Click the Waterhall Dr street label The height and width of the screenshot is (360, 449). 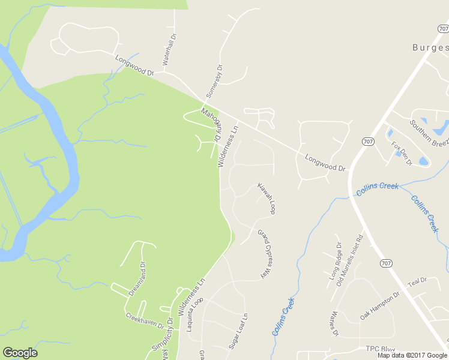pyautogui.click(x=170, y=50)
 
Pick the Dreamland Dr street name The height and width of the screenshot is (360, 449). pyautogui.click(x=137, y=279)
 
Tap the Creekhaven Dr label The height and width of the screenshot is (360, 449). pyautogui.click(x=144, y=320)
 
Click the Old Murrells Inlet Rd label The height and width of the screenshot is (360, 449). pyautogui.click(x=351, y=259)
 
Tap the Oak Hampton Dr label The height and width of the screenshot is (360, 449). pyautogui.click(x=379, y=305)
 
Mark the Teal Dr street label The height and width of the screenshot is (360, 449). pyautogui.click(x=417, y=281)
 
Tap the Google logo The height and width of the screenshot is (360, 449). pyautogui.click(x=20, y=353)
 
